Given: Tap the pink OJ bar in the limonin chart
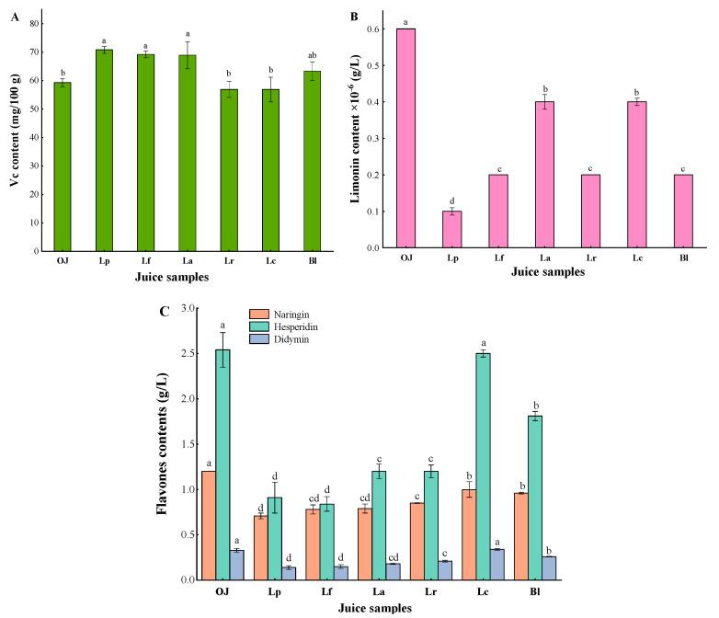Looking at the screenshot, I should point(405,138).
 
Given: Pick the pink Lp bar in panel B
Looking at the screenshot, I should point(451,230).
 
